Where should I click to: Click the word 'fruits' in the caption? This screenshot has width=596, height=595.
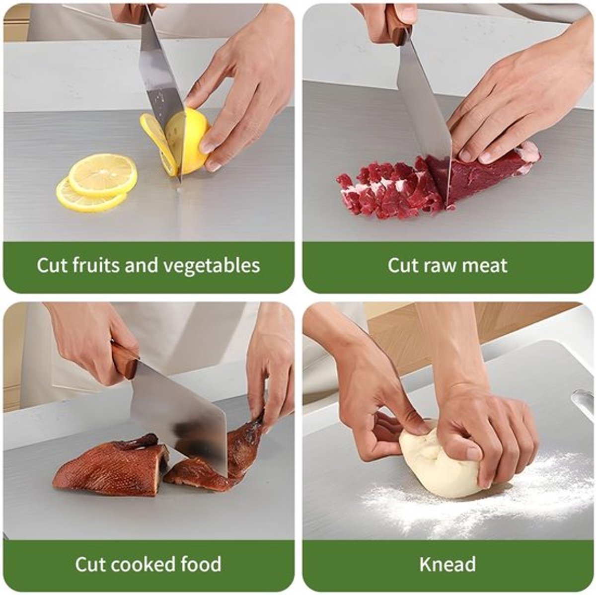tap(95, 265)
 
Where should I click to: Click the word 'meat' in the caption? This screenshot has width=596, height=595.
tap(485, 266)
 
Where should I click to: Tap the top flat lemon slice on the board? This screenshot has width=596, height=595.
tap(103, 175)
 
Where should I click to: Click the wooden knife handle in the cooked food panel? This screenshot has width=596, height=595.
tap(124, 361)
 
